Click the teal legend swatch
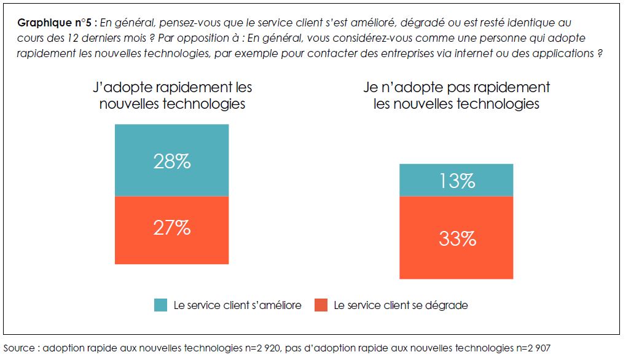coord(160,305)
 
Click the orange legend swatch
coord(321,305)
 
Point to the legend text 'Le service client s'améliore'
coord(237,305)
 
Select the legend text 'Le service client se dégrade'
coord(401,305)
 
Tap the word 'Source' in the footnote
coord(19,348)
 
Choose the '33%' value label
coord(457,238)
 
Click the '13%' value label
coord(457,181)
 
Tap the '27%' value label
coord(171,227)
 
